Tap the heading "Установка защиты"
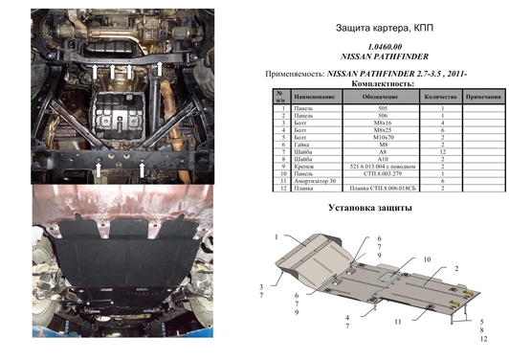pos(369,208)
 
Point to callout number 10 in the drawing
pos(427,259)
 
